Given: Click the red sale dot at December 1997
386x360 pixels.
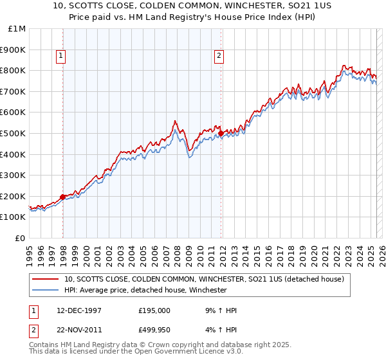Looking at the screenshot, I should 63,197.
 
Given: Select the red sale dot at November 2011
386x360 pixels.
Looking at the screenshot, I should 221,133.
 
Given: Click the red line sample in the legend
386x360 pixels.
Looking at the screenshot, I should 44,279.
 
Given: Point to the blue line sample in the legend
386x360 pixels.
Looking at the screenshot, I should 44,290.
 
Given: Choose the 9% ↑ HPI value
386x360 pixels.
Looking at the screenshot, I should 217,310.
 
